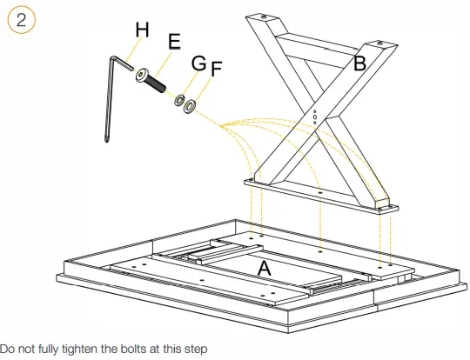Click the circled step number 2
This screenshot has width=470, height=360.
[21, 20]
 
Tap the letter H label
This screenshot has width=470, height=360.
[142, 30]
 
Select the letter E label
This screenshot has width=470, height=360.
[174, 42]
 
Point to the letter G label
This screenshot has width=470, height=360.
[198, 63]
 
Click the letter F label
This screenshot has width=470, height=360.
[217, 69]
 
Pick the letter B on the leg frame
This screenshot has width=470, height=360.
[359, 63]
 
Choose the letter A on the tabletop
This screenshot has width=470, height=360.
[264, 269]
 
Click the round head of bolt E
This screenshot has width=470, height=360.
[142, 75]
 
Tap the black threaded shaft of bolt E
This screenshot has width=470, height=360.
[156, 83]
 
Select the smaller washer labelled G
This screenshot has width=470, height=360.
[179, 100]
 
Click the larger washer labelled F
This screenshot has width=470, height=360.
[190, 106]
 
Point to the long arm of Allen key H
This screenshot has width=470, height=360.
[110, 100]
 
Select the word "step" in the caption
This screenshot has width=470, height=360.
[196, 350]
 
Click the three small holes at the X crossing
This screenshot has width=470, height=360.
[314, 117]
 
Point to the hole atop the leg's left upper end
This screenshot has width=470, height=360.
[263, 17]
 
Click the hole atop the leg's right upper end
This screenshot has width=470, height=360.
[379, 43]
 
